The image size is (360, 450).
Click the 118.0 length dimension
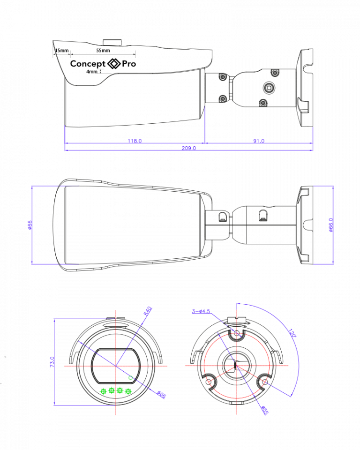coord(135,141)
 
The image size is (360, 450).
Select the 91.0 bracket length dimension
coord(259,141)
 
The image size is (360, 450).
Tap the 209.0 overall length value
coord(189,148)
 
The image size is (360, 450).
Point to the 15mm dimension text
coord(62,51)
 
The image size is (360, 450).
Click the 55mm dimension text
coord(103,51)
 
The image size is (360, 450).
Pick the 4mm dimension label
coord(92,71)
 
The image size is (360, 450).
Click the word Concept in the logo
coord(88,64)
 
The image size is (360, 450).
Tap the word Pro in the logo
coord(129,63)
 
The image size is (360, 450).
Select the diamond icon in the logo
coord(114,63)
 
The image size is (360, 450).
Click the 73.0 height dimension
coord(52,362)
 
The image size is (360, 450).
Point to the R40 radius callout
coord(148,311)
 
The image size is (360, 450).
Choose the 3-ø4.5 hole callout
coord(201,311)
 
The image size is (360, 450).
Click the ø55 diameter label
coord(265,410)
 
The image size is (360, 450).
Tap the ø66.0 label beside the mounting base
coord(331,225)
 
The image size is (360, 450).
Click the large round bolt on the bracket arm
coord(269,88)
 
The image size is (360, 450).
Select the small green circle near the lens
coord(131,378)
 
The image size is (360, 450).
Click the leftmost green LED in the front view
coord(103,391)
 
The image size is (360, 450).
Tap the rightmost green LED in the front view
coord(128,391)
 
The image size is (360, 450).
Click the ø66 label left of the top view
coord(30,225)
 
